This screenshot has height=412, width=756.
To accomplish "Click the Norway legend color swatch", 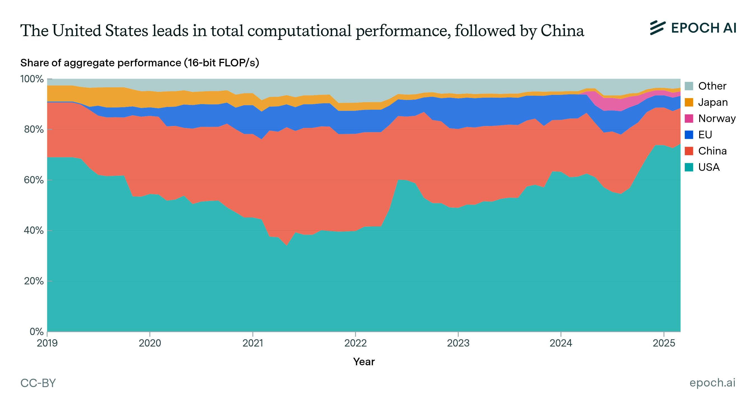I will click(689, 119).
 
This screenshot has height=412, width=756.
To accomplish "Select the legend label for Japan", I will click(713, 102).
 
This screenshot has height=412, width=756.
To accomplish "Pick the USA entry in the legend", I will click(709, 167).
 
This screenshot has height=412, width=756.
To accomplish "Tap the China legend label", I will click(712, 151).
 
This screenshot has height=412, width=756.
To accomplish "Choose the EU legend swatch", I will click(689, 135).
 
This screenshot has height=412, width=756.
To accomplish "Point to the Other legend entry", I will click(712, 86).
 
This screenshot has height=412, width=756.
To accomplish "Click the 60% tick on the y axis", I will click(32, 180).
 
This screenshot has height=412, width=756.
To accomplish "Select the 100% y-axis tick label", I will click(32, 79).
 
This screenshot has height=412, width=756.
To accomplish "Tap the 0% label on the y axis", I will click(36, 332).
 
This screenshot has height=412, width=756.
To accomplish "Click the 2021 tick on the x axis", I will click(252, 343).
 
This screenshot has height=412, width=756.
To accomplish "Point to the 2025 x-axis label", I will click(664, 343).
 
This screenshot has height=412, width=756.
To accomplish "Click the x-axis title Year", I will click(364, 362).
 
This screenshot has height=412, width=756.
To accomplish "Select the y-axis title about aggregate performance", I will click(139, 63).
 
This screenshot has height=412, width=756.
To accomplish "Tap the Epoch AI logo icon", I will click(657, 28).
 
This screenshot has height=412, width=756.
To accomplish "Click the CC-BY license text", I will click(38, 383).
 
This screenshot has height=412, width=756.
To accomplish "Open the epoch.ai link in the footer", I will click(712, 383).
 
